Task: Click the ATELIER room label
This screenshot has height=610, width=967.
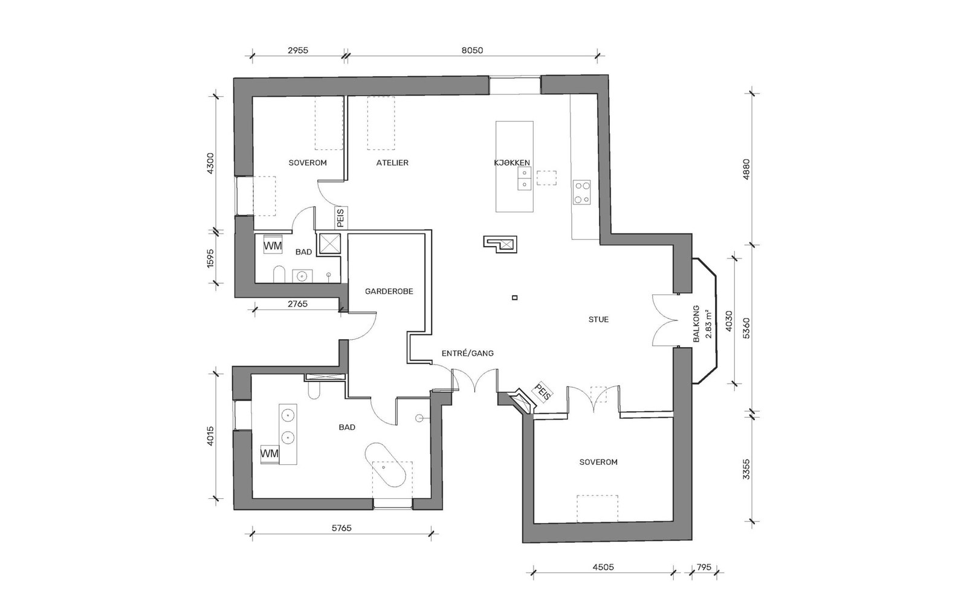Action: pos(392,163)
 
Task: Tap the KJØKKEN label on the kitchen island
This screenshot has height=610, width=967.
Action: pos(512,163)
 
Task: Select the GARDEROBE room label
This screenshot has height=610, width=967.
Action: pos(389,291)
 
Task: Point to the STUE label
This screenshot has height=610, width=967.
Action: pos(598,319)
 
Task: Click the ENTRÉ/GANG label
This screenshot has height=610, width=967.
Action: pos(468,353)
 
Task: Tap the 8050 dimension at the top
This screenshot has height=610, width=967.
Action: pos(472,50)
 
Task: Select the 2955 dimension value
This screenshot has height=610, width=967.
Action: pos(298,50)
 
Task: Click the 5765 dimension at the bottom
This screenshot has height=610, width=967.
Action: pos(341,528)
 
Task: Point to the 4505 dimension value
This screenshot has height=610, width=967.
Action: pos(603,567)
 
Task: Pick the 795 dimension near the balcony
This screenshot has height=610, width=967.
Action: pos(703,567)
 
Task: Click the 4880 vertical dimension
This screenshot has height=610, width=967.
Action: pos(746,169)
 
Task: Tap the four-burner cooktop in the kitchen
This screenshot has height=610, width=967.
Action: pos(581,192)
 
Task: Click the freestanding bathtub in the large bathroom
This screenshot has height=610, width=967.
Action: pos(386,464)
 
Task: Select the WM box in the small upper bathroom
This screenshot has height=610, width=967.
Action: pos(273,246)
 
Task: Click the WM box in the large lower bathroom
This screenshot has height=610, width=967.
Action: pos(270,454)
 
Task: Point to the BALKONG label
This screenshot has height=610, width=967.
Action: pos(696,324)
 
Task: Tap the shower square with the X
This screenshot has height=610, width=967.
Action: pos(329,244)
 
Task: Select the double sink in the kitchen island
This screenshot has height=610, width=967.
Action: pos(524,179)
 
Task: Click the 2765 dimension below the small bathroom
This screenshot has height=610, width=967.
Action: pos(297,304)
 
